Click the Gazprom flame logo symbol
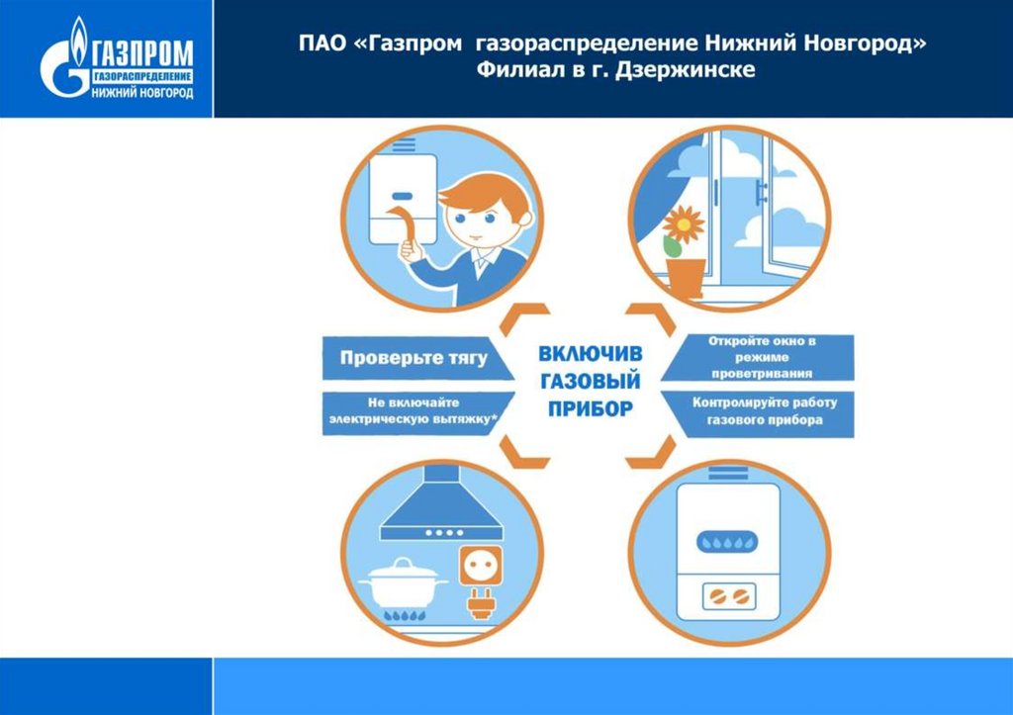click(61, 67)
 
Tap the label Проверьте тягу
click(414, 358)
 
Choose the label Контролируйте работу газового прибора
click(764, 411)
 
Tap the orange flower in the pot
click(682, 226)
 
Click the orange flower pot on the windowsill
click(685, 276)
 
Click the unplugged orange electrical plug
click(481, 603)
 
